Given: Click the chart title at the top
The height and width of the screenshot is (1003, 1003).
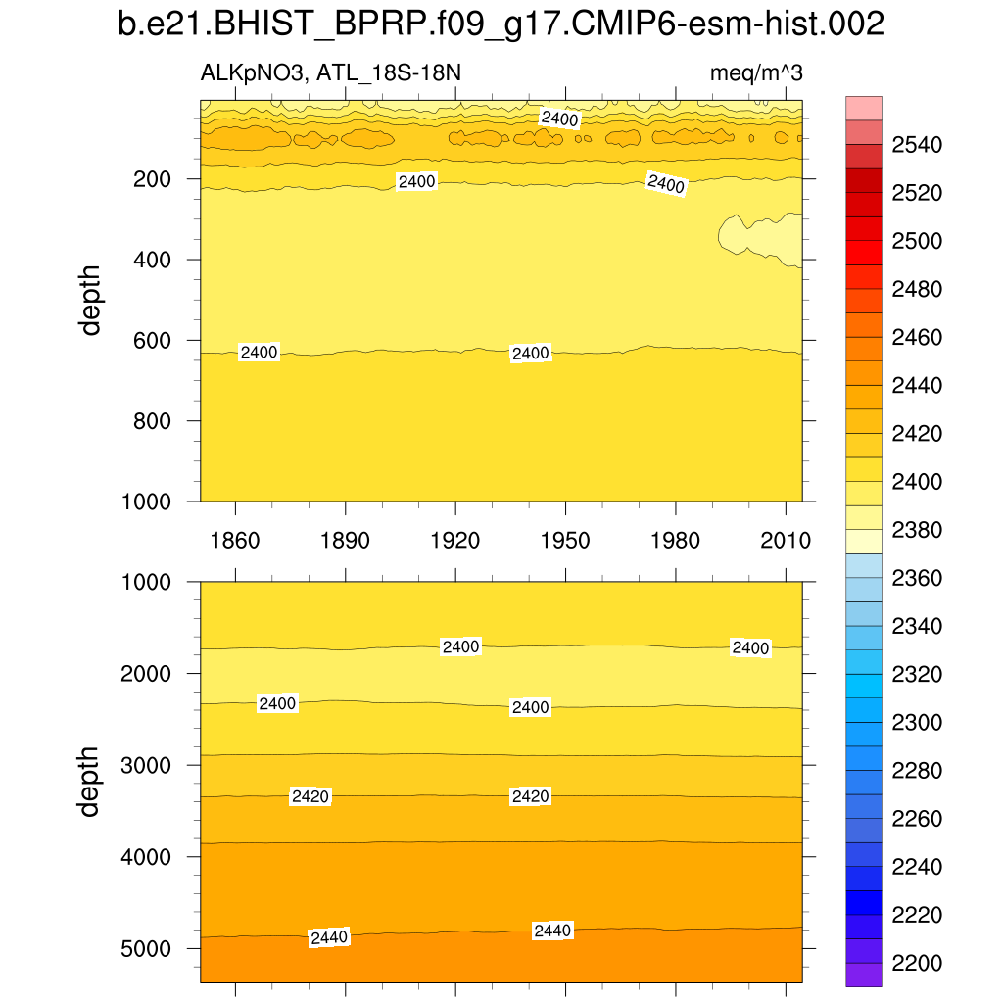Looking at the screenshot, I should [x=501, y=24].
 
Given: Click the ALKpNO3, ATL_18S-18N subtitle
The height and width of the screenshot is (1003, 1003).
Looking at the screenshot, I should [x=330, y=74].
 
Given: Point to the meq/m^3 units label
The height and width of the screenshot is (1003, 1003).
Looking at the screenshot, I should [x=756, y=74].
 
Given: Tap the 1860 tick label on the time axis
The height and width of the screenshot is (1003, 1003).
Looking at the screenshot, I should [x=235, y=541].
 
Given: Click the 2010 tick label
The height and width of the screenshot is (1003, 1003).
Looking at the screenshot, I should [x=787, y=541].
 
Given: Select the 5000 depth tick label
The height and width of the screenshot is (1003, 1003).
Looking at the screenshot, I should [x=147, y=949].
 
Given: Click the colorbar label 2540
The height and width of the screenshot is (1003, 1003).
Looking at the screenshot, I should [x=917, y=146].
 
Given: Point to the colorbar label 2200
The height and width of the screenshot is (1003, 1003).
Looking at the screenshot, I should [x=917, y=964].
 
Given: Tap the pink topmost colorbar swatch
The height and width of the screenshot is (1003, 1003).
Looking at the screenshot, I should [x=863, y=108].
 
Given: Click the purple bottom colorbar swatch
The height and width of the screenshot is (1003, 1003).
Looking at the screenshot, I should [x=863, y=975].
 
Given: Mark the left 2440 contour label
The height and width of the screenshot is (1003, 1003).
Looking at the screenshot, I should [x=329, y=937].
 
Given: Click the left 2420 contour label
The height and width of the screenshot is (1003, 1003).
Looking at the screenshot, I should [x=310, y=797].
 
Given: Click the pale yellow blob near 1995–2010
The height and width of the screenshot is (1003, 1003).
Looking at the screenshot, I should [x=759, y=237].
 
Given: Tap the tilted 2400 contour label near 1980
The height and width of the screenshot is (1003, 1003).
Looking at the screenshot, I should [x=666, y=183].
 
